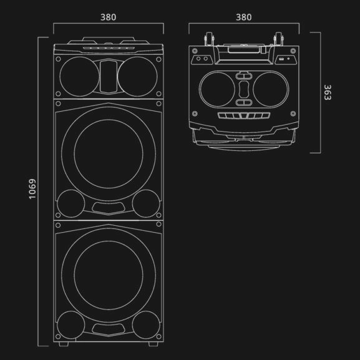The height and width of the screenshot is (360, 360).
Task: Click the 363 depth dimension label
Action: tap(327, 92)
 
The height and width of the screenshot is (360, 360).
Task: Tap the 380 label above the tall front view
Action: tap(108, 17)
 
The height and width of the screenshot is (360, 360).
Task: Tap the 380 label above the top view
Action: tap(244, 17)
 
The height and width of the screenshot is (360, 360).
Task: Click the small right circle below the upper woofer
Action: tap(146, 202)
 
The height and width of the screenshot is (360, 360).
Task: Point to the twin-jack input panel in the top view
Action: tap(202, 59)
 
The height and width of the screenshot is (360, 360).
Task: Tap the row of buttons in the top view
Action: tap(244, 117)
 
